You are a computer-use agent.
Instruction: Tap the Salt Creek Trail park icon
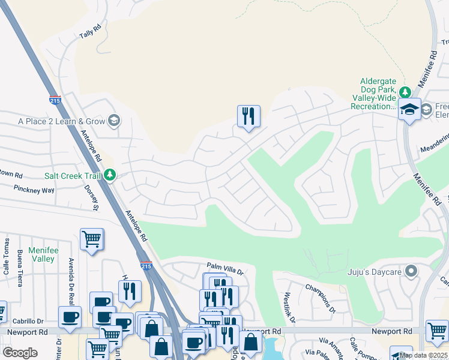(x=109, y=175)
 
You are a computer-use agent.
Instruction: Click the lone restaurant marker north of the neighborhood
(x=249, y=116)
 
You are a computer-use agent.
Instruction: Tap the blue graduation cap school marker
(x=409, y=109)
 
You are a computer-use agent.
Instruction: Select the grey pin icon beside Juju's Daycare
(x=411, y=272)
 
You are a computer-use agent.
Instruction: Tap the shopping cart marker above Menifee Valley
(x=91, y=239)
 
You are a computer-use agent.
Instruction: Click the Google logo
(x=20, y=352)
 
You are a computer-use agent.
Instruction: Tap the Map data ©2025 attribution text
(x=423, y=355)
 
